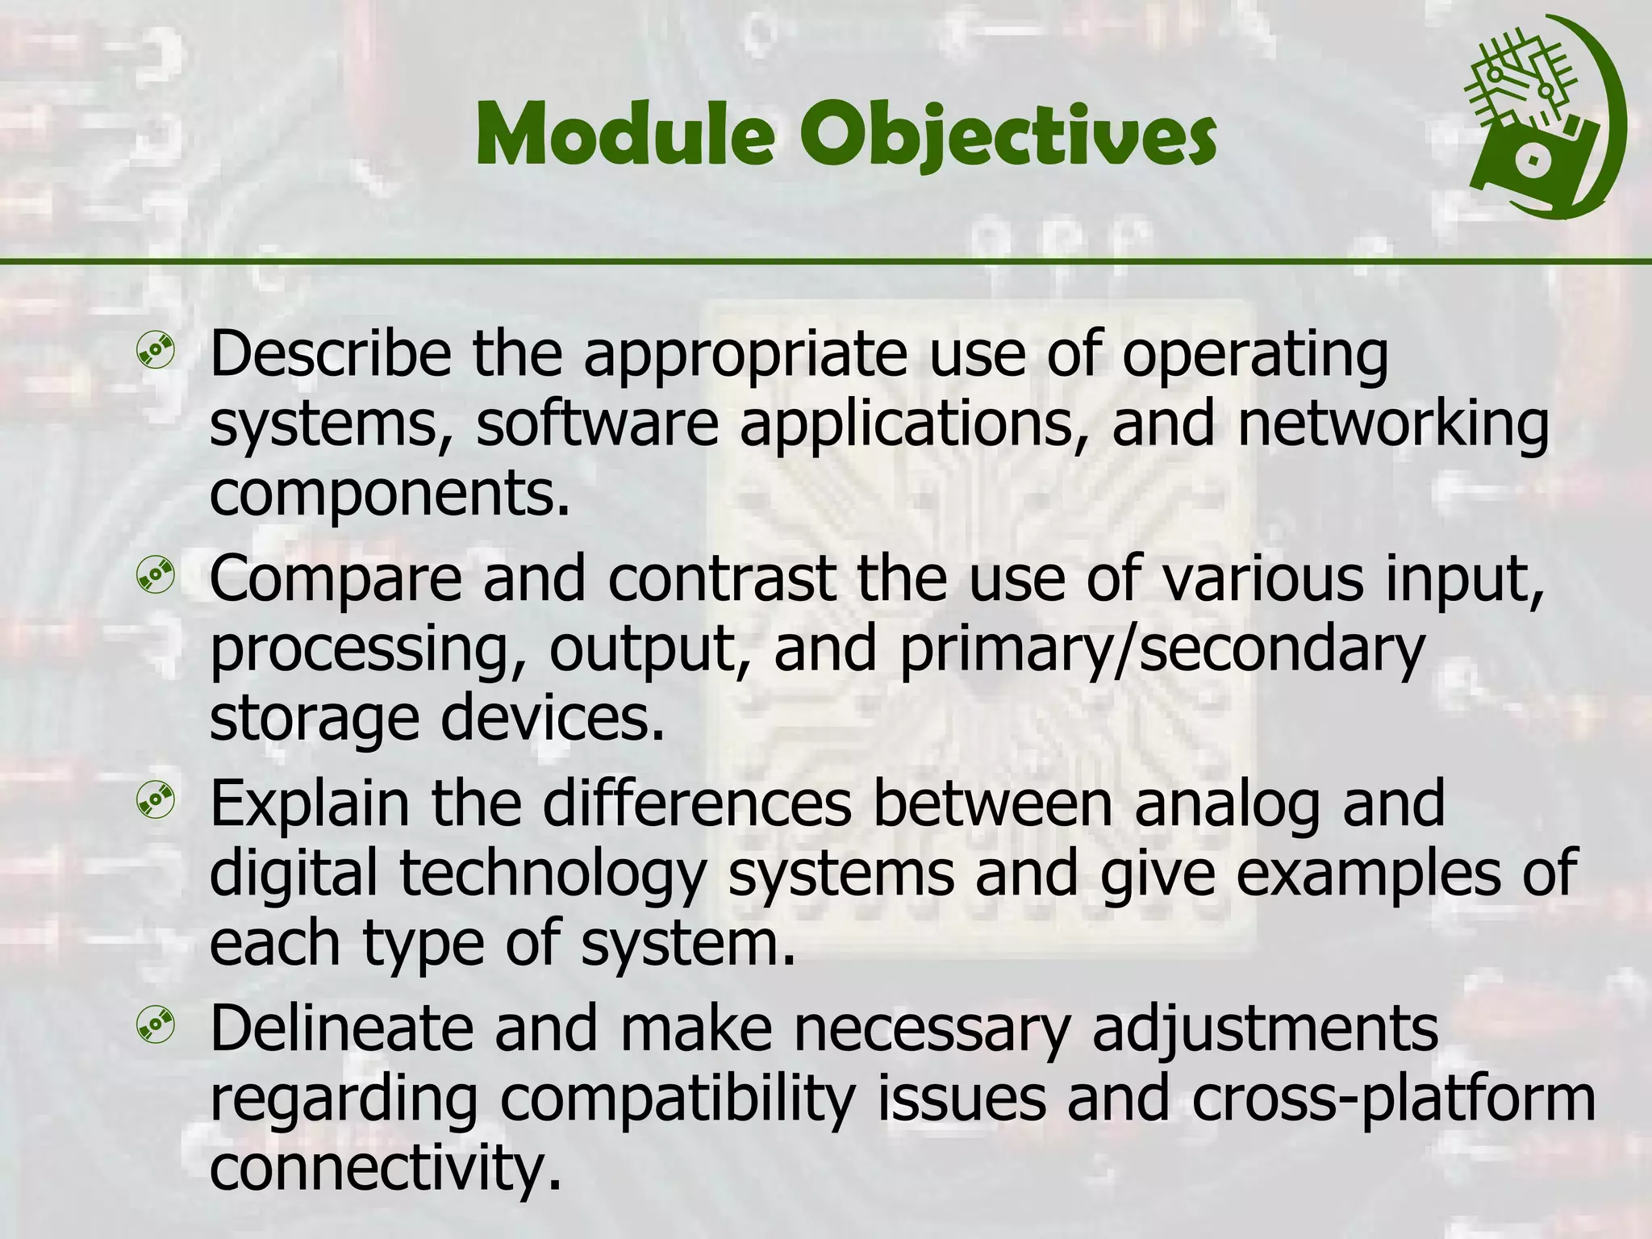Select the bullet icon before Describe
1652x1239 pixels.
click(156, 352)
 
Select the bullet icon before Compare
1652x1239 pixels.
click(156, 576)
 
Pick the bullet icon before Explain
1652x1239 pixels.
click(156, 799)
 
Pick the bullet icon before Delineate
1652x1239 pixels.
click(156, 1024)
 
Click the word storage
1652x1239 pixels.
click(315, 720)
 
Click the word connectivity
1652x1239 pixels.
click(385, 1168)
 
